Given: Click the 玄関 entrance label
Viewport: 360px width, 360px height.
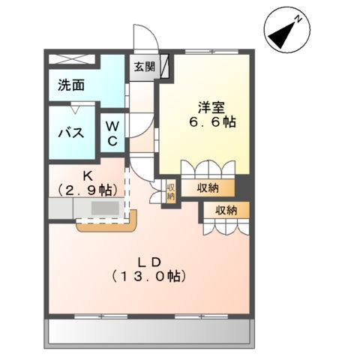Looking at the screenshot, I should pos(145,66).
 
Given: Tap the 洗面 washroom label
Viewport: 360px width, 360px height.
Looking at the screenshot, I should pos(72,85).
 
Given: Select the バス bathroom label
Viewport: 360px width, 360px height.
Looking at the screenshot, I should pos(70,133).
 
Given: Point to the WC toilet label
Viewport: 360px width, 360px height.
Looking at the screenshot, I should pos(112,133).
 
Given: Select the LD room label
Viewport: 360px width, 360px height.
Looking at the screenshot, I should pos(145,261).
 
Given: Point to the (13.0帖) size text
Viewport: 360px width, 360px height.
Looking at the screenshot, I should pos(146,276).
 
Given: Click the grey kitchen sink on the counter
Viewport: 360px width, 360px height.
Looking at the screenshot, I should pos(104,208).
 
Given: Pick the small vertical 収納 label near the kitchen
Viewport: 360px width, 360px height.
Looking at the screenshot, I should pos(170,190).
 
